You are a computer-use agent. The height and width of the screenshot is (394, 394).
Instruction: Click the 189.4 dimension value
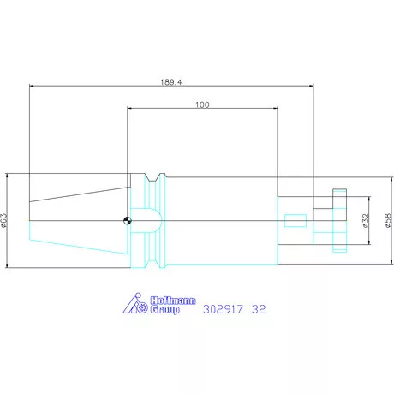pos(170,81)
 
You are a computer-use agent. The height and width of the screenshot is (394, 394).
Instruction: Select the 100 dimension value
pos(202,104)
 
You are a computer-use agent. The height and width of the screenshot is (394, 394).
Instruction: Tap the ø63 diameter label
pos(5,221)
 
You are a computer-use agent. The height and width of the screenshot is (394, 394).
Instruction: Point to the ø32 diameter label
pos(365,221)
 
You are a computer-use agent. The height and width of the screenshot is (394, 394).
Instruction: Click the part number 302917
pos(221,311)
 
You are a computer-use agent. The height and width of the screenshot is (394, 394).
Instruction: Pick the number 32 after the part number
pos(259,311)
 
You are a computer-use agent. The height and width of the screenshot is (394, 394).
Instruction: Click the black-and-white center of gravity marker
pos(128,220)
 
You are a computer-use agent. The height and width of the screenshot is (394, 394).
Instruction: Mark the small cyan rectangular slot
pos(294,220)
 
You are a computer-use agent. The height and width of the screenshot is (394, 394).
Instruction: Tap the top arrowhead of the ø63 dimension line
pos(8,176)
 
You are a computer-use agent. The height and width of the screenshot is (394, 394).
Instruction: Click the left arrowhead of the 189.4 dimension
pos(32,86)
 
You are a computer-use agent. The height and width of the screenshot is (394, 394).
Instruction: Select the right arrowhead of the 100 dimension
pos(275,109)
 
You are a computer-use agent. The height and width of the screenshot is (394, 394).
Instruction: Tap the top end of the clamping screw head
pos(339,191)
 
